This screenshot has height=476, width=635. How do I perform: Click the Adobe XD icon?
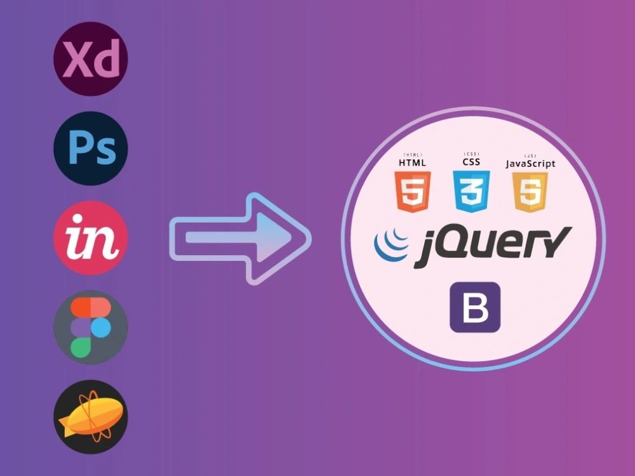91,58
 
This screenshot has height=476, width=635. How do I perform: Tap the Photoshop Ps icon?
91,149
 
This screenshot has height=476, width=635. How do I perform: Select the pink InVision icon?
91,238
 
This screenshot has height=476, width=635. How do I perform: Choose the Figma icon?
91,327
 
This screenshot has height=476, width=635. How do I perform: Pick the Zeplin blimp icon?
91,417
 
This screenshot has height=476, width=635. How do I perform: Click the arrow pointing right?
241,239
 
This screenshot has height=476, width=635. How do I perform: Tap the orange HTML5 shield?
413,192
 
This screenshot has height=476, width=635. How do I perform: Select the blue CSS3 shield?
471,192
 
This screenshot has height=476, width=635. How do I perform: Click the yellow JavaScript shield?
530,192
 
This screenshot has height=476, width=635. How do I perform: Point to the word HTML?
412,162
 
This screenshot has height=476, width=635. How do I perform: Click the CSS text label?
471,162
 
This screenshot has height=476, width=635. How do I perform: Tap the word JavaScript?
530,164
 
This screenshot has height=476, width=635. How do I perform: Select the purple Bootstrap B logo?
475,307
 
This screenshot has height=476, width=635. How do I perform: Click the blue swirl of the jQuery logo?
391,244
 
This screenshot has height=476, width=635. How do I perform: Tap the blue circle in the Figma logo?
101,327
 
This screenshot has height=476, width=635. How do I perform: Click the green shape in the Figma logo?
81,348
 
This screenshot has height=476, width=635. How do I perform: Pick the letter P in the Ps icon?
80,147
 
